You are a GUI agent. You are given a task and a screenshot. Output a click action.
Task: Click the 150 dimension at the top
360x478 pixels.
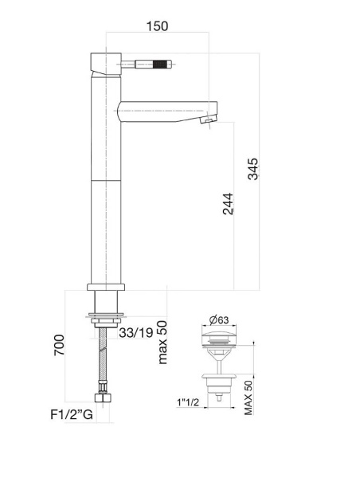[x=158, y=26]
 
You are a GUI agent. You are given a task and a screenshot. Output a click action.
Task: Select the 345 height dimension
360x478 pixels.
[x=252, y=170]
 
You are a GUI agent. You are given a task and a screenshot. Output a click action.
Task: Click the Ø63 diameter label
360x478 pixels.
[x=221, y=320]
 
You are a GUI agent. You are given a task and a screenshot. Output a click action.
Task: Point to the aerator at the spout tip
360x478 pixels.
[x=209, y=119]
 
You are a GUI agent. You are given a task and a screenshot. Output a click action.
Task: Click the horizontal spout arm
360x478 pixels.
[x=159, y=110]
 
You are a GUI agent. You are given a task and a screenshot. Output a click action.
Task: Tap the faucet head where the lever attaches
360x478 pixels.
[x=104, y=61]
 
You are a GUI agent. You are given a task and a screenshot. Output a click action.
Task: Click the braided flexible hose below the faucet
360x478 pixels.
[x=103, y=358]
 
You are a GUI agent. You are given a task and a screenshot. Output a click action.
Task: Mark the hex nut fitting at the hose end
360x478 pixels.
[x=102, y=399]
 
